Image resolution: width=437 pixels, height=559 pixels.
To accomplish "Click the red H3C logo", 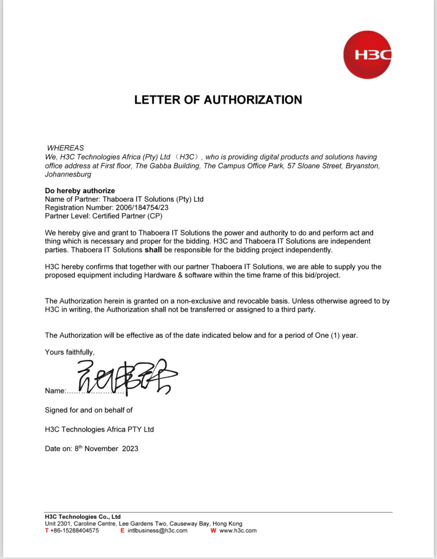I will click(367, 55).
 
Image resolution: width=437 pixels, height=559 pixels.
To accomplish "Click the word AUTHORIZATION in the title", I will click(253, 100).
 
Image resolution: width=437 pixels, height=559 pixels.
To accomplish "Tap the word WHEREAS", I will click(65, 148).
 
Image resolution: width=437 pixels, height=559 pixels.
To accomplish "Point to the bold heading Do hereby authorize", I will click(80, 191).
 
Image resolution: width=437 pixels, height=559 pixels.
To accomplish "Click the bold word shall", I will click(153, 250).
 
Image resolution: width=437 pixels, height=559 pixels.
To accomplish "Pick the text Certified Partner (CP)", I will click(127, 216).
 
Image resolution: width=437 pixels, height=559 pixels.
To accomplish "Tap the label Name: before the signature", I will click(55, 391).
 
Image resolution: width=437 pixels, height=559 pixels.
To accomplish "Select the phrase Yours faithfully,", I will click(70, 352).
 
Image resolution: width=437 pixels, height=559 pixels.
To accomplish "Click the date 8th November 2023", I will click(106, 448).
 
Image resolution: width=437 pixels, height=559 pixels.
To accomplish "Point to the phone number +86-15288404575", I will click(75, 530).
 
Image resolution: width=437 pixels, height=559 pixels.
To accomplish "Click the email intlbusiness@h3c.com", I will click(158, 530).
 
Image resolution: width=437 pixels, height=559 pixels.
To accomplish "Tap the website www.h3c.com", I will click(238, 530).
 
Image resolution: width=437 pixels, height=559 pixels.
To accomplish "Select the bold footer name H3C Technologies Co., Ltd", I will click(83, 517).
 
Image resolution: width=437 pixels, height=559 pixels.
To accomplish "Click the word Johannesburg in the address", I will click(68, 174).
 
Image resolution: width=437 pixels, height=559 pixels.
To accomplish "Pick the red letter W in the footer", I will click(213, 530).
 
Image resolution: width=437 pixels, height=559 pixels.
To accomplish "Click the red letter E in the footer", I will click(122, 530).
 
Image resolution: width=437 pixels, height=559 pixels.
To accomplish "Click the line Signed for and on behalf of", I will click(89, 410).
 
